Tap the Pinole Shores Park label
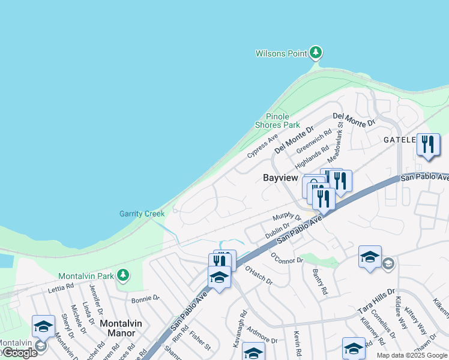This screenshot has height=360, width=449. (277, 121)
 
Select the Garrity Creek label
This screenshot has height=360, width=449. (142, 214)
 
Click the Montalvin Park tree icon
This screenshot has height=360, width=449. (123, 275)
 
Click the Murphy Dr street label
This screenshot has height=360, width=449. (286, 216)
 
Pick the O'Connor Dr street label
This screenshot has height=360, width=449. (288, 257)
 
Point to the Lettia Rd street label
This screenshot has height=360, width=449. (61, 287)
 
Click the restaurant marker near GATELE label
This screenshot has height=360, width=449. (428, 145)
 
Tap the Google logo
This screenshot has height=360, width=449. (20, 353)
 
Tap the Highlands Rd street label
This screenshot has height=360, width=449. (312, 157)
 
